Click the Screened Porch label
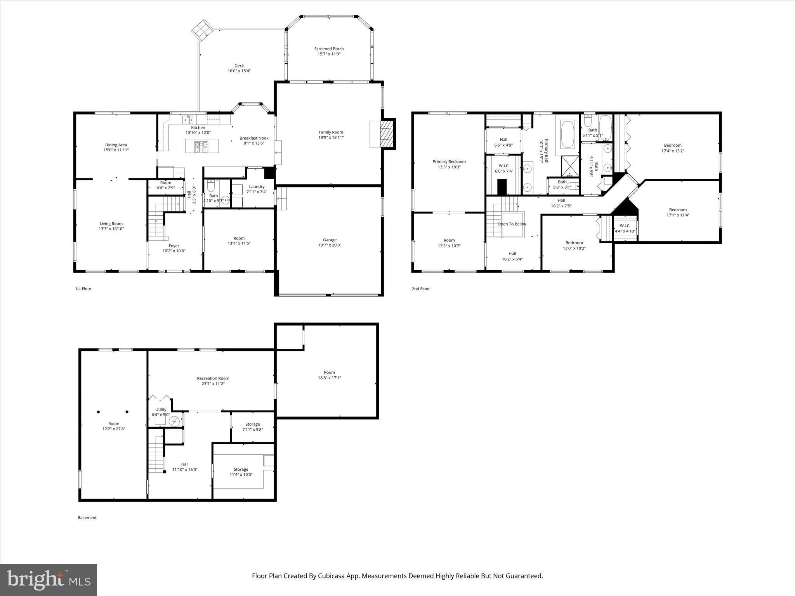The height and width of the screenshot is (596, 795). (329, 49)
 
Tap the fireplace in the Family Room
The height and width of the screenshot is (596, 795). (384, 134)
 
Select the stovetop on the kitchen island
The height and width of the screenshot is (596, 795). (201, 146)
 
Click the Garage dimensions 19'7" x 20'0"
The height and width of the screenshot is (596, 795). (330, 245)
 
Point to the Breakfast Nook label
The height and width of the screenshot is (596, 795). (254, 138)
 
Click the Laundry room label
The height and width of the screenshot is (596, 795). (257, 187)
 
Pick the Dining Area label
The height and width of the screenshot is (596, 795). (116, 145)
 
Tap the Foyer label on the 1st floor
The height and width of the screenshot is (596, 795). (174, 246)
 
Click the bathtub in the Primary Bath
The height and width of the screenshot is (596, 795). (568, 134)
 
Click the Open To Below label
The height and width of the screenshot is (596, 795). (512, 224)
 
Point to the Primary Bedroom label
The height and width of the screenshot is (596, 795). (449, 162)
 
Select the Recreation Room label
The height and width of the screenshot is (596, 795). (213, 378)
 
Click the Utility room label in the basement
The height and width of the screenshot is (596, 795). (161, 410)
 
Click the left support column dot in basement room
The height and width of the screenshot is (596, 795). (99, 412)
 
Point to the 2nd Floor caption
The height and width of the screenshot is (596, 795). (421, 289)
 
